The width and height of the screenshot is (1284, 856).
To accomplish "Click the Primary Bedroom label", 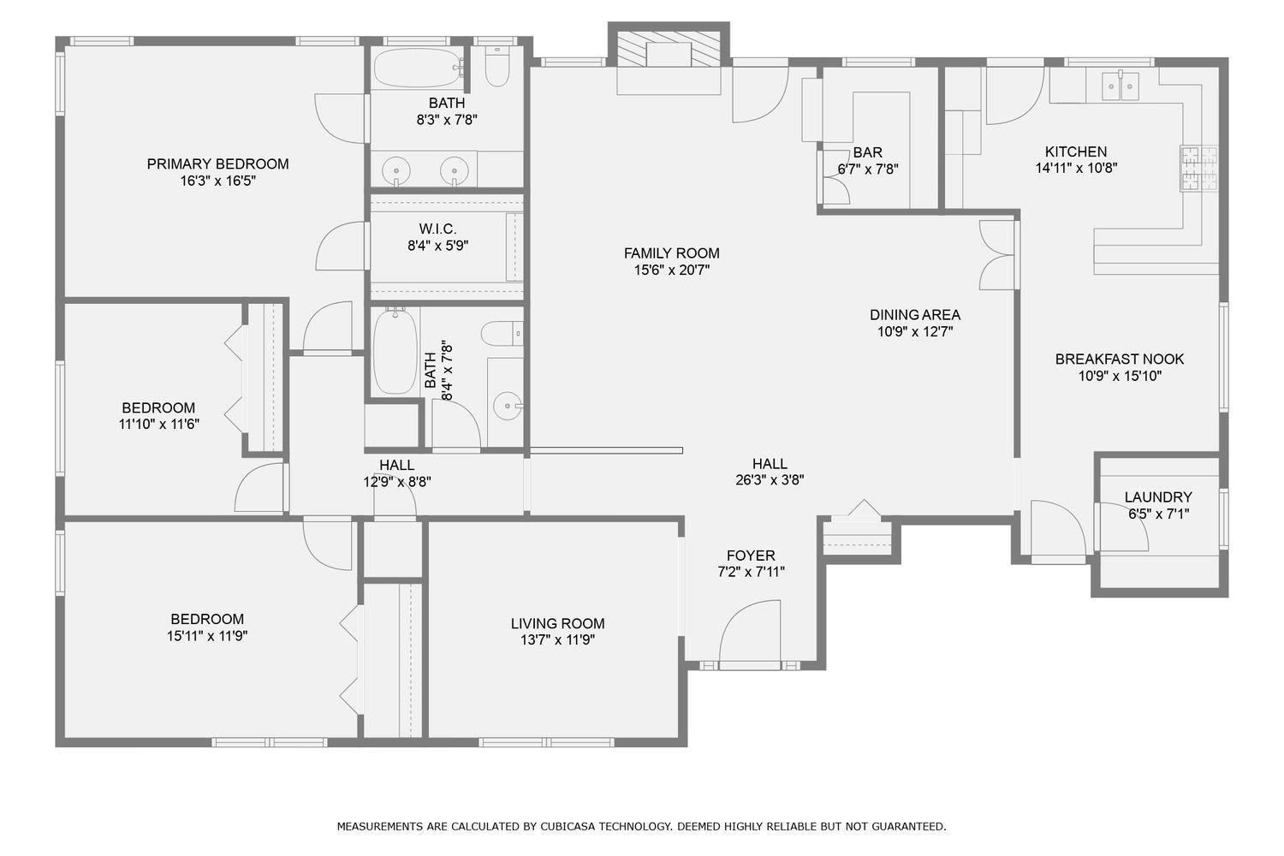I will (217, 163).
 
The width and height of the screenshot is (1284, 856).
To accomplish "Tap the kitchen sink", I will (1121, 85).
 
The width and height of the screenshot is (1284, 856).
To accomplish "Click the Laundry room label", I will (1157, 497).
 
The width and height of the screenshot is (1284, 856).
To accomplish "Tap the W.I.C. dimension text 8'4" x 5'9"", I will (437, 246).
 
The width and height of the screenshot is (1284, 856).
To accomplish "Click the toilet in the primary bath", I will (497, 67).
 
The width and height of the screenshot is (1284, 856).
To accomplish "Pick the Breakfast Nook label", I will (1120, 360).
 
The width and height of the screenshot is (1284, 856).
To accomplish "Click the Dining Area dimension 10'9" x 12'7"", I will (915, 331).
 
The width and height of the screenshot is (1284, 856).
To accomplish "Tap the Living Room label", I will (557, 624).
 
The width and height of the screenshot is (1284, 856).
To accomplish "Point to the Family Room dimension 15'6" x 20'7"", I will (671, 270).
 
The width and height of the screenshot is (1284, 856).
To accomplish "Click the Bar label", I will (867, 152).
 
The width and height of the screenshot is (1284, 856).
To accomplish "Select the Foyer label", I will (751, 556).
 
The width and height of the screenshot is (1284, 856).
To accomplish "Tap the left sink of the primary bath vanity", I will (396, 171).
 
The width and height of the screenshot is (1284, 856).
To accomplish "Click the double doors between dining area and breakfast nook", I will (998, 255).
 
